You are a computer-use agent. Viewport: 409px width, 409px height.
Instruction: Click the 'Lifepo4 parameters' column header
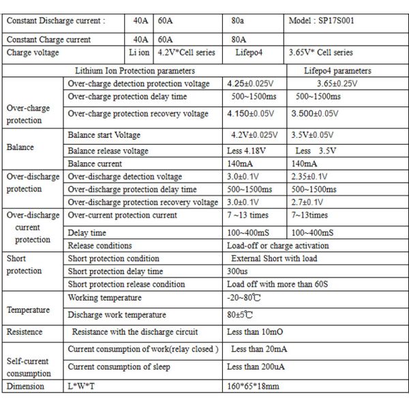click(x=339, y=70)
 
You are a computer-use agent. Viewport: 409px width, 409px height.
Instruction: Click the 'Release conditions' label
click(x=100, y=245)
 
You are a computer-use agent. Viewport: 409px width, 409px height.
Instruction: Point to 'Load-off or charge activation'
click(x=277, y=245)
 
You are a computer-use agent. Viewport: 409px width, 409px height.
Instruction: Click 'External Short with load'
click(x=274, y=258)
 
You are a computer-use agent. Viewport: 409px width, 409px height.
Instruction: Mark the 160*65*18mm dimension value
click(x=253, y=386)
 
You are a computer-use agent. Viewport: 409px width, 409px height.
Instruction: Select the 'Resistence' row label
click(x=25, y=332)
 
